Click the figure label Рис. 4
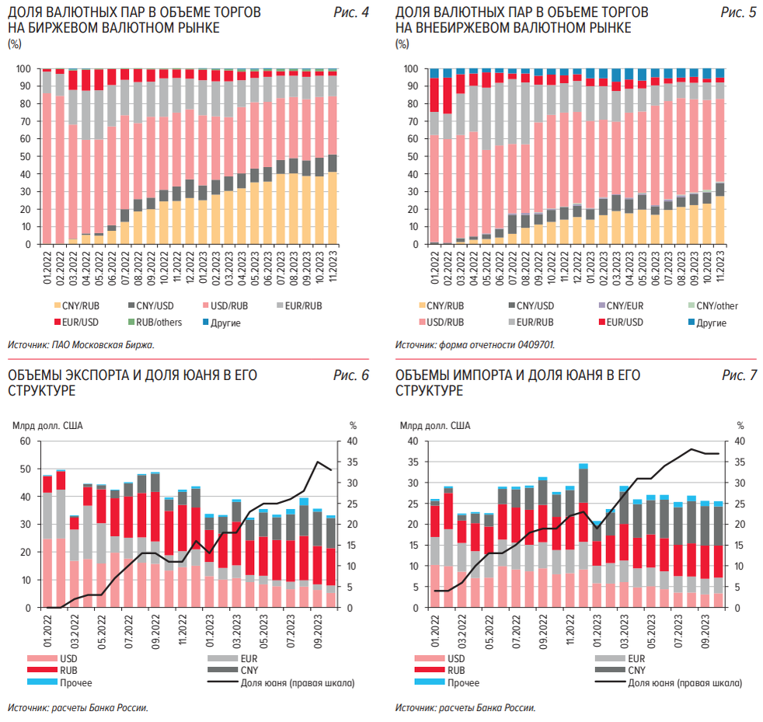coord(350,14)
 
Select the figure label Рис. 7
coord(738,375)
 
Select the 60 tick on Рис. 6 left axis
coord(25,441)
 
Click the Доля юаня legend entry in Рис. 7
coord(684,683)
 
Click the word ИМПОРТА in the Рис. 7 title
coord(486,375)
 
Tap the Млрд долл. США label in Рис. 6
coord(47,425)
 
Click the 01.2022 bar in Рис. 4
coord(47,156)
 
